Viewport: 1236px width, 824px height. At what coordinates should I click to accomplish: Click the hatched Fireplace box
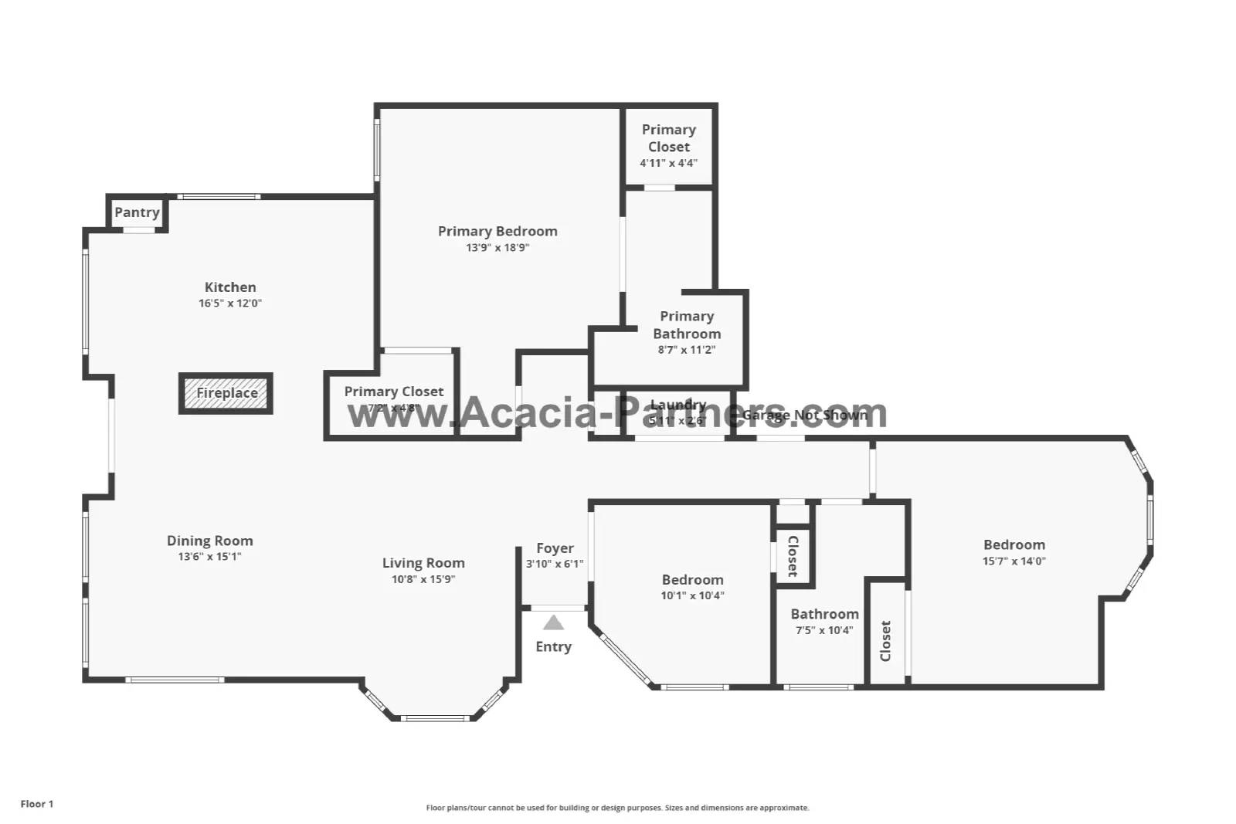[226, 393]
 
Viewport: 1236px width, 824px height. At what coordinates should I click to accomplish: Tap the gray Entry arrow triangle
[553, 623]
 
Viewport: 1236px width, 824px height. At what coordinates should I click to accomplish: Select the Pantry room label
[137, 212]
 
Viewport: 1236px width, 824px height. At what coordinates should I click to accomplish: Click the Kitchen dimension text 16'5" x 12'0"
[230, 303]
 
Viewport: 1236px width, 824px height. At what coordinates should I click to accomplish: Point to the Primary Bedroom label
[497, 231]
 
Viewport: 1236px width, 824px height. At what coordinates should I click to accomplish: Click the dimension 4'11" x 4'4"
[668, 163]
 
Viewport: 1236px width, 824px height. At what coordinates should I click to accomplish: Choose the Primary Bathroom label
[687, 325]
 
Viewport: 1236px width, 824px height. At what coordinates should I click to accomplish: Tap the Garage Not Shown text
[804, 415]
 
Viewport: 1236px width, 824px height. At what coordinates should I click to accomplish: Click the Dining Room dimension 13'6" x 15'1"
[209, 557]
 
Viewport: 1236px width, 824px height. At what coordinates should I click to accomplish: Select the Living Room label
[423, 563]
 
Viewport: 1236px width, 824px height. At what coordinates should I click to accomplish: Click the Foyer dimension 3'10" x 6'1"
[555, 565]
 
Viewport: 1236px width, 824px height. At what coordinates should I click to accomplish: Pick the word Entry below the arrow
[553, 647]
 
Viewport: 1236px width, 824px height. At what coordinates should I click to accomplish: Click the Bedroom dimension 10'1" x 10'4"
[692, 595]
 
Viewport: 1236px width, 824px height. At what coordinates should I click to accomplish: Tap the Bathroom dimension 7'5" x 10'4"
[824, 630]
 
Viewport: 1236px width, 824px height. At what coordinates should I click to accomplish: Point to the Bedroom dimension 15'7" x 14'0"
[1014, 561]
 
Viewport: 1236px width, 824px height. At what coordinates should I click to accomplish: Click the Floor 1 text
[37, 804]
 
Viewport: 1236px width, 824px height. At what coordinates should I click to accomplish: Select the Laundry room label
[678, 405]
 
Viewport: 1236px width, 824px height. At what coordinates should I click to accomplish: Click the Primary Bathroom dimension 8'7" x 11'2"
[687, 350]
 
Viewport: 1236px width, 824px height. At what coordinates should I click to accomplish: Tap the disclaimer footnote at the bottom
[617, 808]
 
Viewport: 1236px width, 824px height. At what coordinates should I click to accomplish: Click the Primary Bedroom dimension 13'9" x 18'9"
[497, 248]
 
